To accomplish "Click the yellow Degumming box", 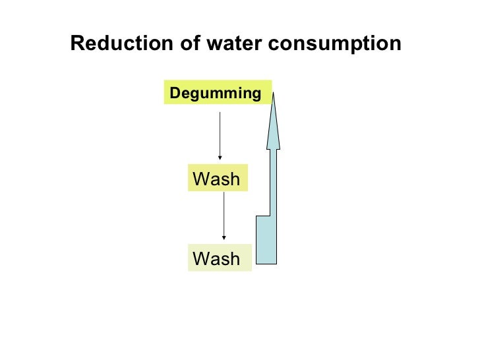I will tap(217, 93).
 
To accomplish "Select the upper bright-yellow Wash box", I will tap(218, 178).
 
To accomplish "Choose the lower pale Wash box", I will tap(220, 258).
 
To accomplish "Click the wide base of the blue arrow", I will tap(266, 241).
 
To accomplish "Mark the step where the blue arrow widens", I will tap(262, 216).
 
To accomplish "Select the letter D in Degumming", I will tap(175, 94).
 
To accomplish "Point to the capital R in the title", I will tap(76, 44).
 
